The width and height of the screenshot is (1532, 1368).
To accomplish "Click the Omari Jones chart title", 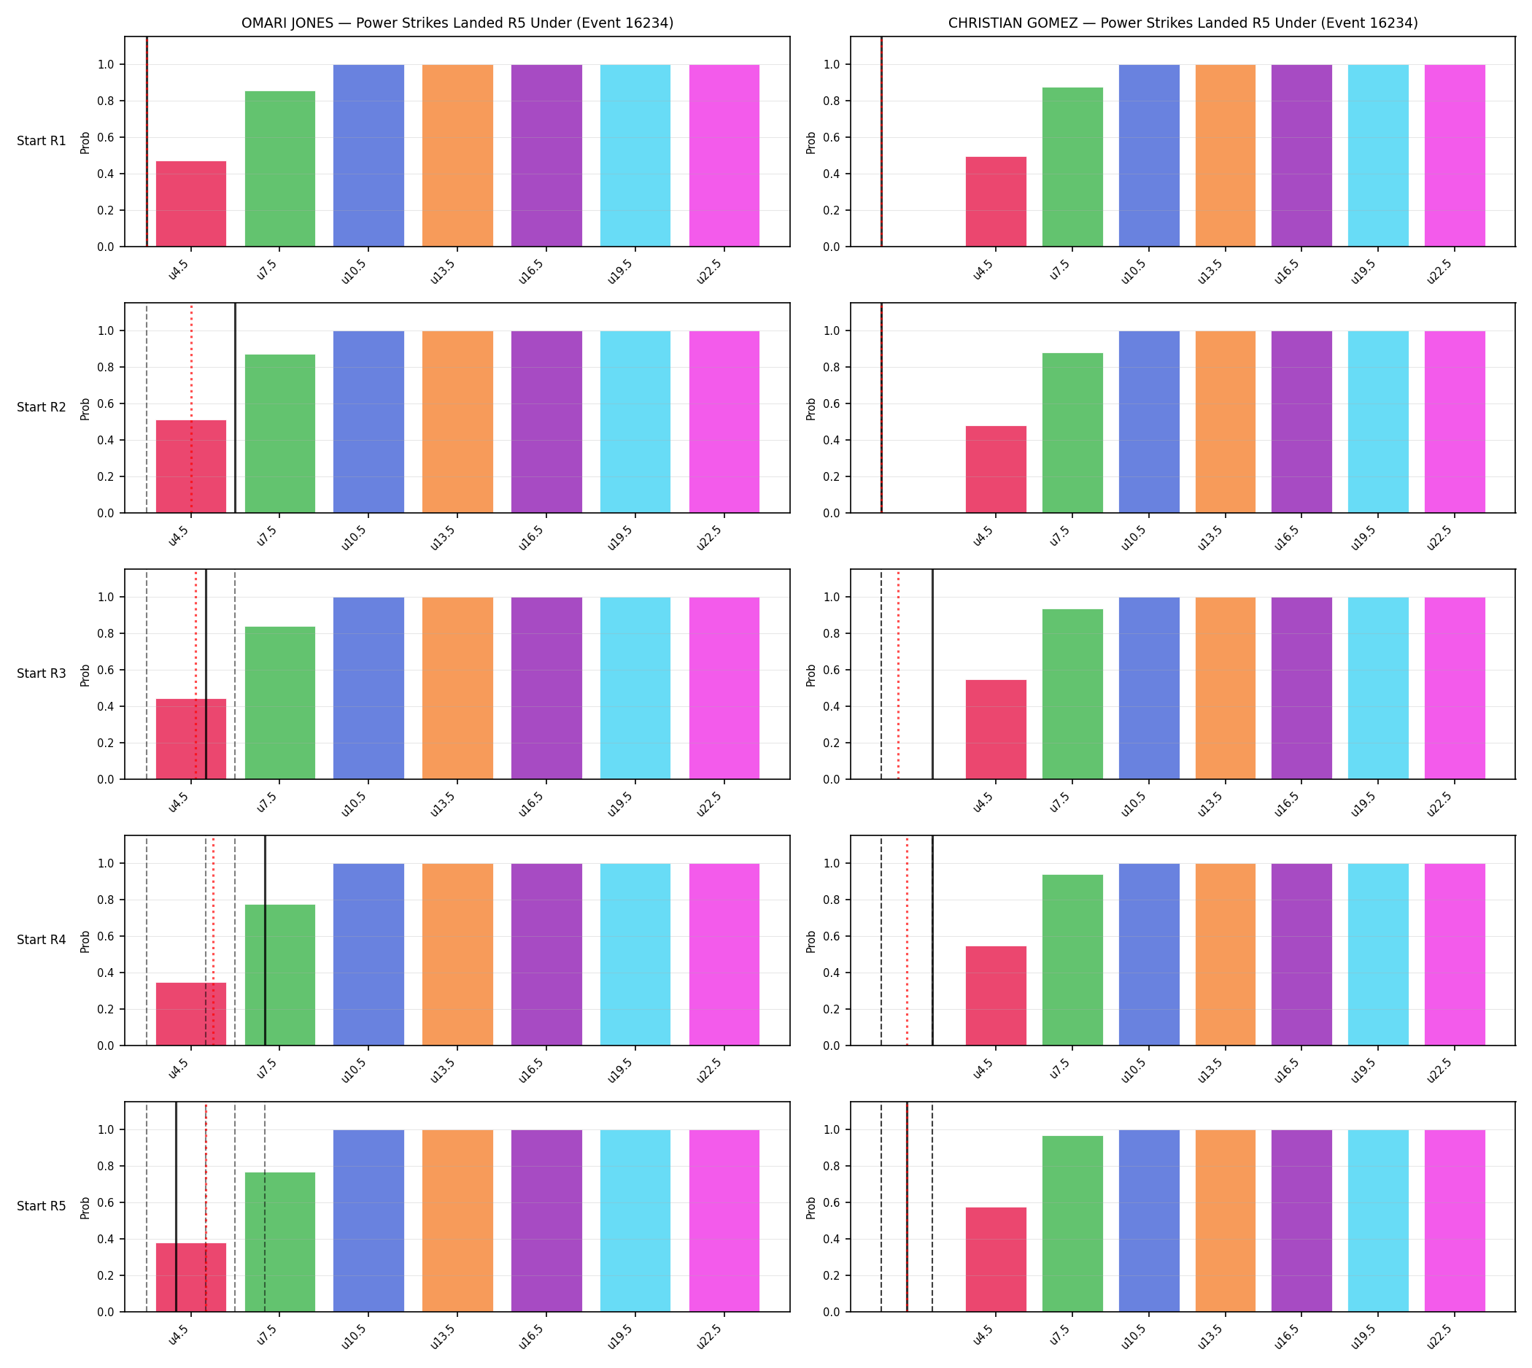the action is pyautogui.click(x=457, y=23).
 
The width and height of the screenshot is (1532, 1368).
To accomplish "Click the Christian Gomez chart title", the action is pyautogui.click(x=1183, y=23).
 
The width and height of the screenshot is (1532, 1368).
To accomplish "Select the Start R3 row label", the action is pyautogui.click(x=42, y=673).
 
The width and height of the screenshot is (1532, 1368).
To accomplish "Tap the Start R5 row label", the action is pyautogui.click(x=42, y=1205).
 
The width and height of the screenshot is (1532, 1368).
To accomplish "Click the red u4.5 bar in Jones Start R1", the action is pyautogui.click(x=191, y=204).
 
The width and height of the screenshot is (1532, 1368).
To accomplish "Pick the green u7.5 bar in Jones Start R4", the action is pyautogui.click(x=279, y=975).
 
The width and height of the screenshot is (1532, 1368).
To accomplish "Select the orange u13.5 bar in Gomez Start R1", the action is pyautogui.click(x=1226, y=155).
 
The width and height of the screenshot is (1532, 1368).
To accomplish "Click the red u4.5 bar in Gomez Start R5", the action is pyautogui.click(x=996, y=1260).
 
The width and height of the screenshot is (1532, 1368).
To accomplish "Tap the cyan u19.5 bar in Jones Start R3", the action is pyautogui.click(x=635, y=689).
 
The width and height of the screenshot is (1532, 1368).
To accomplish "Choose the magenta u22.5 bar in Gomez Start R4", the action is pyautogui.click(x=1455, y=954).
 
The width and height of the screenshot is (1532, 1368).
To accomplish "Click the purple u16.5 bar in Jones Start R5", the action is pyautogui.click(x=546, y=1221).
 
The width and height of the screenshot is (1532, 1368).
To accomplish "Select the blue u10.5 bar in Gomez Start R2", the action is pyautogui.click(x=1148, y=422).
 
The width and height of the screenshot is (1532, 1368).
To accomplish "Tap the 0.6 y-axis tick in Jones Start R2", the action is pyautogui.click(x=106, y=403).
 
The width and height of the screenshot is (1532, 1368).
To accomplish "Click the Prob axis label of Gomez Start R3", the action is pyautogui.click(x=811, y=674).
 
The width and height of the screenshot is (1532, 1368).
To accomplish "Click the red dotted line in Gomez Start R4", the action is pyautogui.click(x=908, y=941).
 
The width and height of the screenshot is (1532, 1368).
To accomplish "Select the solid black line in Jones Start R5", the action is pyautogui.click(x=176, y=1207).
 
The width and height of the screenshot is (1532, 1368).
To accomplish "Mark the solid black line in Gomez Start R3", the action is pyautogui.click(x=933, y=674).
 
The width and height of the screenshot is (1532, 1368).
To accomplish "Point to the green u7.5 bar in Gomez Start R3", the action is pyautogui.click(x=1072, y=695).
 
